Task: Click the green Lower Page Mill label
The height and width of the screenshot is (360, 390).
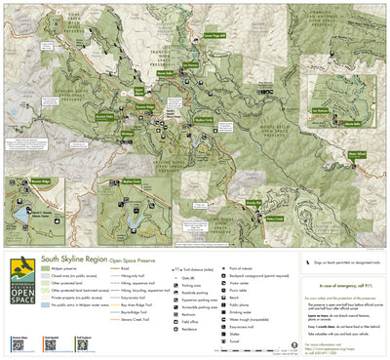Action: tap(216, 33)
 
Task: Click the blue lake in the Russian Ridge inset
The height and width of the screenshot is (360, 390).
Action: tap(21, 213)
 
